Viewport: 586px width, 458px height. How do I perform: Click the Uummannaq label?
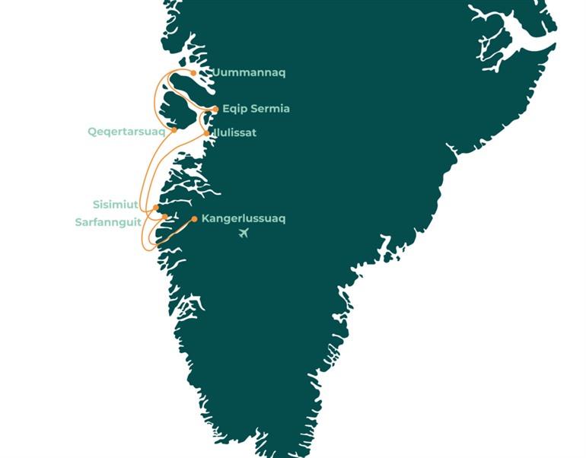click(250, 73)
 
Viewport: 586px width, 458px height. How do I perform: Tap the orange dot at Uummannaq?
click(194, 73)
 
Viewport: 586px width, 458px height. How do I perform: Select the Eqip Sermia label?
click(256, 109)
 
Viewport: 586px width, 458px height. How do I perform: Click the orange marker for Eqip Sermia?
click(215, 109)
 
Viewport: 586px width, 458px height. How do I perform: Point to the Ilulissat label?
click(235, 132)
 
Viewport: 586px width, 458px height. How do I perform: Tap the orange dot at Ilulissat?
click(207, 133)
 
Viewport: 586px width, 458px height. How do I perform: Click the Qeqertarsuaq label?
click(126, 131)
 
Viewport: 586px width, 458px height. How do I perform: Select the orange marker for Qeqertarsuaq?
click(174, 130)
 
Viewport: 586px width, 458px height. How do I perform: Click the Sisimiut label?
click(115, 205)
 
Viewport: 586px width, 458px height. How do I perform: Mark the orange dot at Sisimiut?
click(156, 207)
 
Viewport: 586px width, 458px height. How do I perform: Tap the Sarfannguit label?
click(108, 222)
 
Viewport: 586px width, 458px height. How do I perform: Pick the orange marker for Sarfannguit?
click(164, 217)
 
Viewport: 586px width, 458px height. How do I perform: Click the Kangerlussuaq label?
click(244, 219)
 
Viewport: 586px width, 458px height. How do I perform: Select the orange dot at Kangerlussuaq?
click(194, 219)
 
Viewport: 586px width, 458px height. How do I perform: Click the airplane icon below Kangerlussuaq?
click(244, 233)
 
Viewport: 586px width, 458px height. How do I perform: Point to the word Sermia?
click(269, 109)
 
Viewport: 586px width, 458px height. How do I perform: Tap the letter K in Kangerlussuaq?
click(205, 219)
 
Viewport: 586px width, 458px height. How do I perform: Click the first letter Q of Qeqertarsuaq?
click(92, 131)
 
